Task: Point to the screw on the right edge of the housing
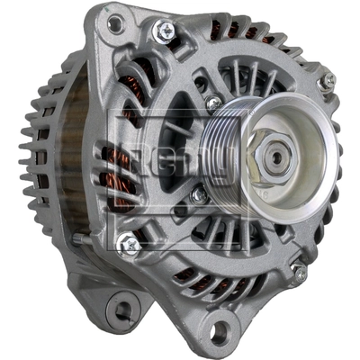[327, 81]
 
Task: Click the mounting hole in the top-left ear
[114, 23]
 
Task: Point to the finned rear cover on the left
[40, 153]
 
